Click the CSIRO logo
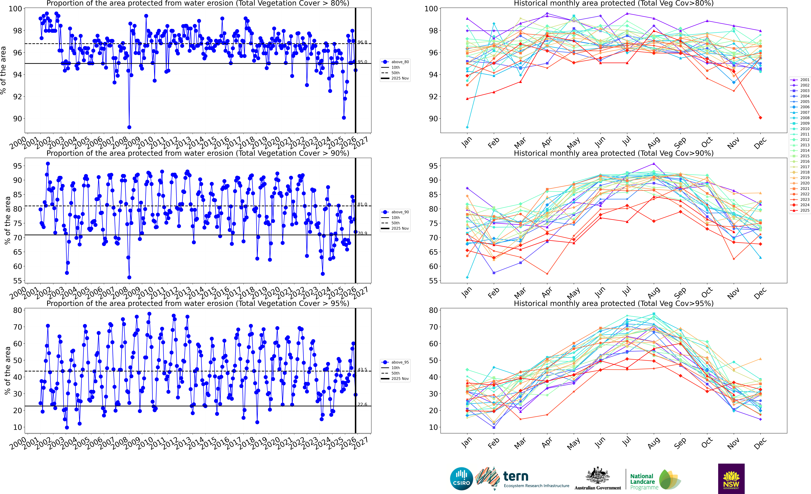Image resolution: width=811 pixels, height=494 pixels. point(461,479)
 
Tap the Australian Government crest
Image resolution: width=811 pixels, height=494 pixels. point(597,476)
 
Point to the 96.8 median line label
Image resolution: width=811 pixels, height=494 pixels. point(362,42)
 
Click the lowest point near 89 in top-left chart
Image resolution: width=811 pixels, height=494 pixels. point(129,127)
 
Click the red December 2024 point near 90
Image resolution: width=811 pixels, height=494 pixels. point(760,118)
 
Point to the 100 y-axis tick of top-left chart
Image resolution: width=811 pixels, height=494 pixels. point(15,9)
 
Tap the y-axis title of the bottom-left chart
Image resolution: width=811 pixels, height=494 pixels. point(7,371)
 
